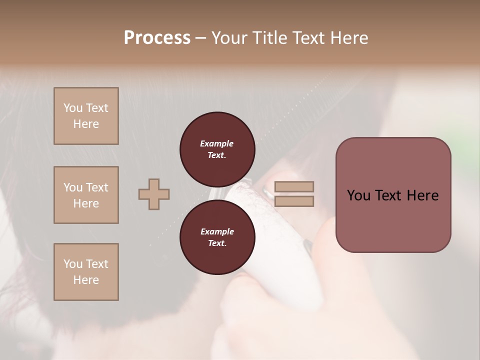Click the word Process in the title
(157, 38)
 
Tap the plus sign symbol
(154, 194)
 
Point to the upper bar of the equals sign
(294, 186)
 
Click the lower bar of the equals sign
(294, 201)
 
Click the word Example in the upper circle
(217, 143)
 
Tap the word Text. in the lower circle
(217, 243)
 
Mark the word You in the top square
(72, 108)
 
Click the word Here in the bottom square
(86, 280)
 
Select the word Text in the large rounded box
(387, 195)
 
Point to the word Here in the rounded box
(422, 195)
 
